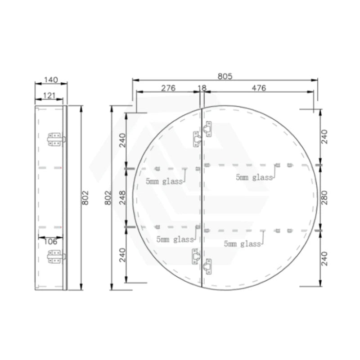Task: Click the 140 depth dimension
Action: click(51, 80)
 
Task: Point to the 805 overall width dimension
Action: click(225, 76)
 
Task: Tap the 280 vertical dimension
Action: click(325, 197)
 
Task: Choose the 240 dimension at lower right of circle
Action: click(325, 258)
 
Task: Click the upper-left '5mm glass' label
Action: click(164, 181)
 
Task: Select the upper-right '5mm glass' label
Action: click(254, 177)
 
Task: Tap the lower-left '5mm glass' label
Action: click(175, 239)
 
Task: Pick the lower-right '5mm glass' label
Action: click(243, 244)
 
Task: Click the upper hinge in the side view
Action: click(55, 139)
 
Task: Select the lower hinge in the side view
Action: click(55, 256)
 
